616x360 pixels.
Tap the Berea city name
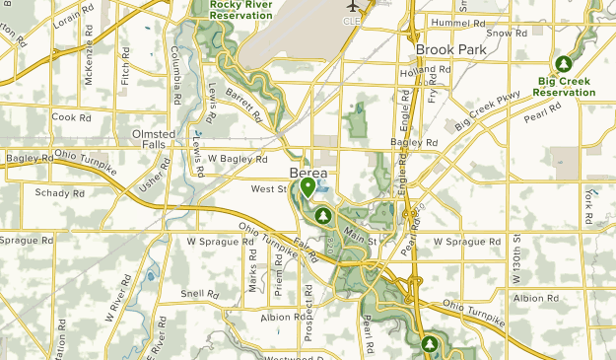pyautogui.click(x=308, y=168)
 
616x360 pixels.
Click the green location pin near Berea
pyautogui.click(x=308, y=185)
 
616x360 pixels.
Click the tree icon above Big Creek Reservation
pyautogui.click(x=564, y=64)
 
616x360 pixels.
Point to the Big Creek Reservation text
pyautogui.click(x=565, y=86)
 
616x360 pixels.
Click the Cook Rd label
pyautogui.click(x=71, y=116)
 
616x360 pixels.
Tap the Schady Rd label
pyautogui.click(x=53, y=193)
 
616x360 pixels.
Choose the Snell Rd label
pyautogui.click(x=199, y=293)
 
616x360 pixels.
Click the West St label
pyautogui.click(x=268, y=187)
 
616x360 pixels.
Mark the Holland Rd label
pyautogui.click(x=426, y=71)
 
